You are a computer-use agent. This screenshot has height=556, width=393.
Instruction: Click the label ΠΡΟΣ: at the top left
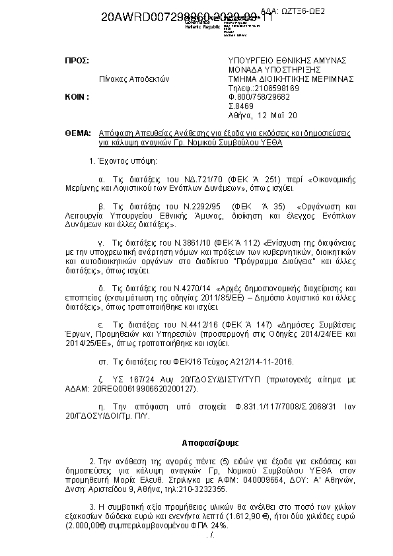pos(77,60)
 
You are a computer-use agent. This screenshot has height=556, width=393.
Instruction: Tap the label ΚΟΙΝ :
pos(77,96)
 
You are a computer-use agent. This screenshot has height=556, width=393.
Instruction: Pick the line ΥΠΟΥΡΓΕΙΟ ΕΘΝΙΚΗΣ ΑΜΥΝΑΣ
pos(288,60)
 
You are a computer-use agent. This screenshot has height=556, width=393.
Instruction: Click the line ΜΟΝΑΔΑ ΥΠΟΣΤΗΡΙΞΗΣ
pos(273,69)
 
